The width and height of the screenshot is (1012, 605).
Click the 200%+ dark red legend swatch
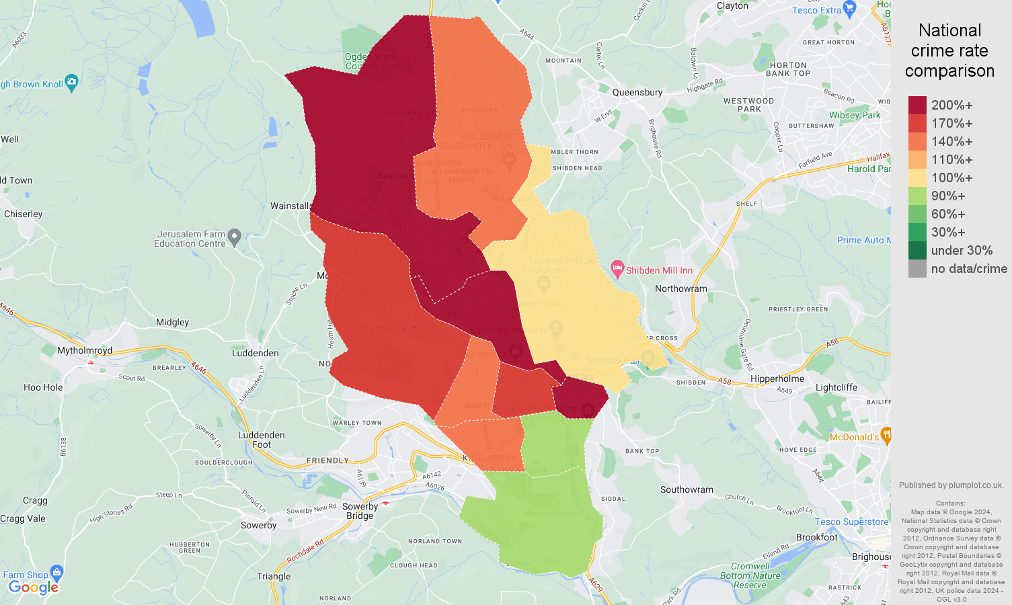[x=917, y=105]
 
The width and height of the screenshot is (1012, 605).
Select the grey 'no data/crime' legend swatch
[x=917, y=268]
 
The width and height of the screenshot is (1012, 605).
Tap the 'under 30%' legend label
[x=962, y=250]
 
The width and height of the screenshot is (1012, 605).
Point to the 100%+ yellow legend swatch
[x=917, y=177]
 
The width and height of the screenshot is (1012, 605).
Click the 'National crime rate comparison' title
[x=949, y=50]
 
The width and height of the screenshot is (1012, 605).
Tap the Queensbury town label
[x=637, y=92]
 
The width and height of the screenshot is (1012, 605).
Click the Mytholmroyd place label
[x=85, y=350]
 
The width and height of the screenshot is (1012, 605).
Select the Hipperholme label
[x=777, y=378]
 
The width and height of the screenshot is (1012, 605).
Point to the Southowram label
[x=687, y=489]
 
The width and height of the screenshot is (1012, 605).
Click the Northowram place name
[x=681, y=288]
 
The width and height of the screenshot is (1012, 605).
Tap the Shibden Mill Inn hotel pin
[x=617, y=270]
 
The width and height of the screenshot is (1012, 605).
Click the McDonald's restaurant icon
[x=886, y=436]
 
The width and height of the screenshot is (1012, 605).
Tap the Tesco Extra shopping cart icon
[x=849, y=9]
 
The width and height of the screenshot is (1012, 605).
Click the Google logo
[x=34, y=587]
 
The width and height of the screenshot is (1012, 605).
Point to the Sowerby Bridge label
[x=360, y=511]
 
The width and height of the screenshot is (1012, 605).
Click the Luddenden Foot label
[x=262, y=440]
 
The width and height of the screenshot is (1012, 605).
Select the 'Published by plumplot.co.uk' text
[x=951, y=485]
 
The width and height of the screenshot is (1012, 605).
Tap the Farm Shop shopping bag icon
[x=56, y=573]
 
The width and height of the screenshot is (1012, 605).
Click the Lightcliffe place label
[x=836, y=387]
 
